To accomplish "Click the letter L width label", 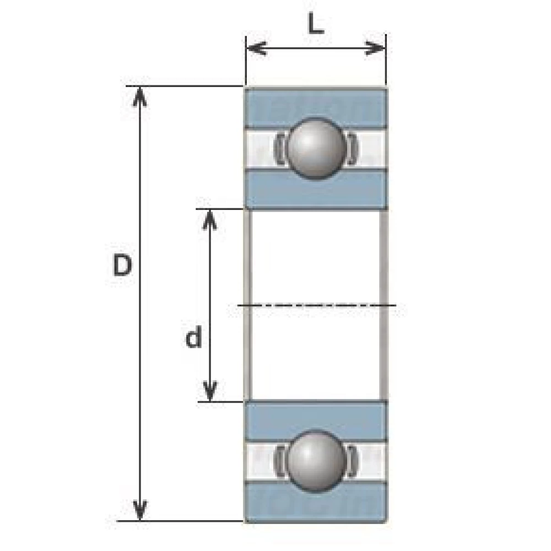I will (x=315, y=25).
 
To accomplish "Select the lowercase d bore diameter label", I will (x=193, y=338).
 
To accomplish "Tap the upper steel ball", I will (x=316, y=148).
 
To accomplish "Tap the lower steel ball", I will (x=316, y=460).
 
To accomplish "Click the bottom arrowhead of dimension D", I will (x=141, y=510).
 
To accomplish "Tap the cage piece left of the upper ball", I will (x=279, y=148).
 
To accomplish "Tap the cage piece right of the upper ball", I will (x=352, y=148).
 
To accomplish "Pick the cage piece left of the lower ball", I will (x=279, y=460).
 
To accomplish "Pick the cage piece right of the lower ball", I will (x=352, y=460).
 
